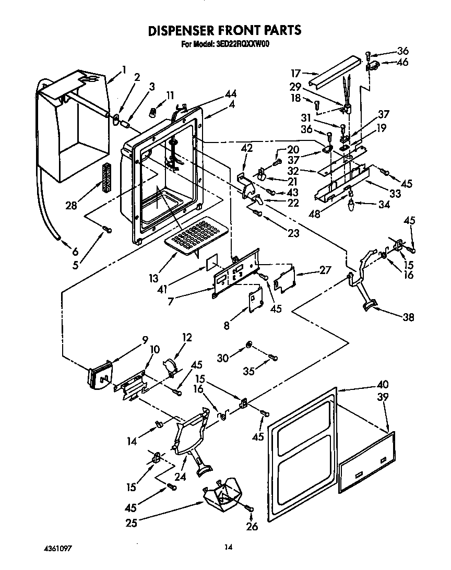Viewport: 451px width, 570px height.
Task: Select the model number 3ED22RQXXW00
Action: [241, 44]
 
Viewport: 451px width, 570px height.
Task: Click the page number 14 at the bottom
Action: [228, 548]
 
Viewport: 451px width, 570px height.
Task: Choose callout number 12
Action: [186, 338]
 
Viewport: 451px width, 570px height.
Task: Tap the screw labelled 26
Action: [248, 507]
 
